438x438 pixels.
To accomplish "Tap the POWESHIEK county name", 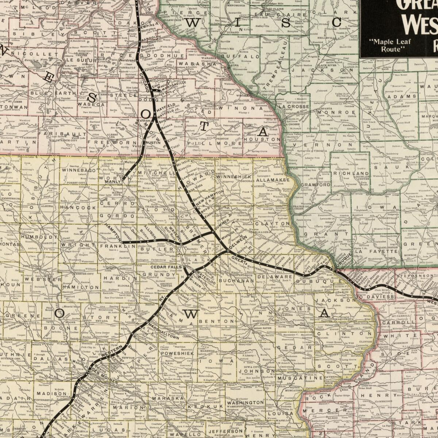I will point(177,353).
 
